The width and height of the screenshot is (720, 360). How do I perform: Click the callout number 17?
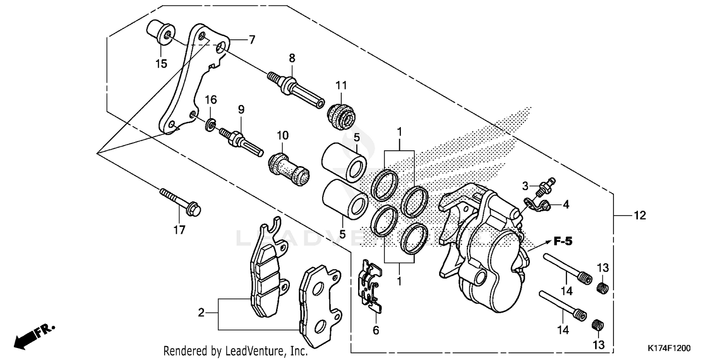[179, 230]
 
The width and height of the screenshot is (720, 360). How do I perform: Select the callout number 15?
[161, 63]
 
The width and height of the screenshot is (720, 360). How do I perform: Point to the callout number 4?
[566, 204]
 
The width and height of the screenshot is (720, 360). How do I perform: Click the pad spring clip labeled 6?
[371, 287]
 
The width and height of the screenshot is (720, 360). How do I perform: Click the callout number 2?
[202, 313]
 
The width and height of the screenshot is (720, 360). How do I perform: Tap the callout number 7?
[252, 40]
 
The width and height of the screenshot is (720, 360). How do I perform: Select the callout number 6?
[376, 330]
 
